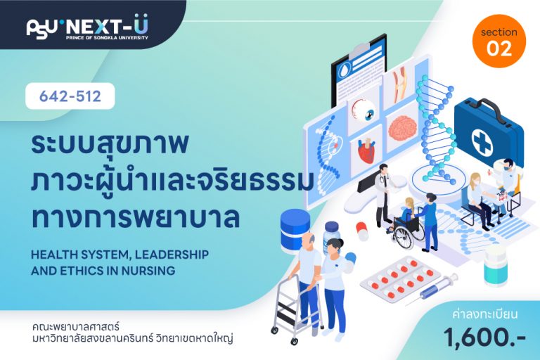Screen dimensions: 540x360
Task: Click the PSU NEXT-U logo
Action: click(x=87, y=27)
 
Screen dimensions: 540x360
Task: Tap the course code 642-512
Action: click(x=70, y=96)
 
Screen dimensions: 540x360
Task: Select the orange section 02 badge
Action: click(x=499, y=41)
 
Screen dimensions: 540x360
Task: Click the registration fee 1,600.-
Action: click(x=484, y=336)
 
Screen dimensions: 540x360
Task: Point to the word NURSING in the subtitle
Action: click(x=148, y=271)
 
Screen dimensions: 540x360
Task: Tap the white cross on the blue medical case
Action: click(x=482, y=141)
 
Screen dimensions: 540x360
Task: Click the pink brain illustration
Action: click(x=402, y=128)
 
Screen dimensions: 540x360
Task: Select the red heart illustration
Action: click(x=366, y=150)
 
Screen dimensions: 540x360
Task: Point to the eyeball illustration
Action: click(x=364, y=110)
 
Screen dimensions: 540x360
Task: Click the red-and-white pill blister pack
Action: click(x=400, y=278)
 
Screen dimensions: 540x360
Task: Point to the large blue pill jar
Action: click(x=295, y=229)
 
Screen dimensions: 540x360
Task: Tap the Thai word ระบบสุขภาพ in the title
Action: click(x=110, y=145)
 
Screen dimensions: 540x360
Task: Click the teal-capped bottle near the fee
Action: click(x=495, y=267)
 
